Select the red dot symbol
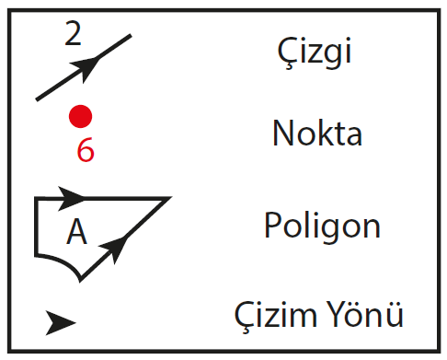[81, 116]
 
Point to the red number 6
[85, 151]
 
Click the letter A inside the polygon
[76, 233]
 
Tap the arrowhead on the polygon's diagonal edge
[114, 244]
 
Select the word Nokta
[316, 134]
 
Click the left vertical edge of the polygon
[36, 226]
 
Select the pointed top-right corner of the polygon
[168, 198]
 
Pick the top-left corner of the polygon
[37, 198]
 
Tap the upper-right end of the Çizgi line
[130, 36]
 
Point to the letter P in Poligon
[271, 225]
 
